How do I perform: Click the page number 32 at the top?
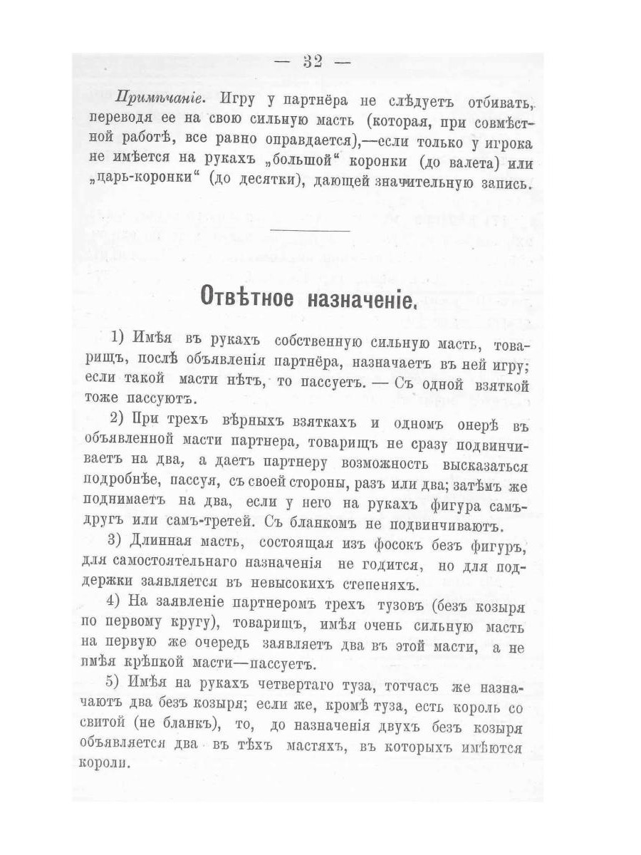click(312, 61)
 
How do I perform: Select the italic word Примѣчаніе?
click(152, 98)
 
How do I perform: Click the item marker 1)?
click(118, 336)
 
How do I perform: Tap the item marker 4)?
click(118, 606)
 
